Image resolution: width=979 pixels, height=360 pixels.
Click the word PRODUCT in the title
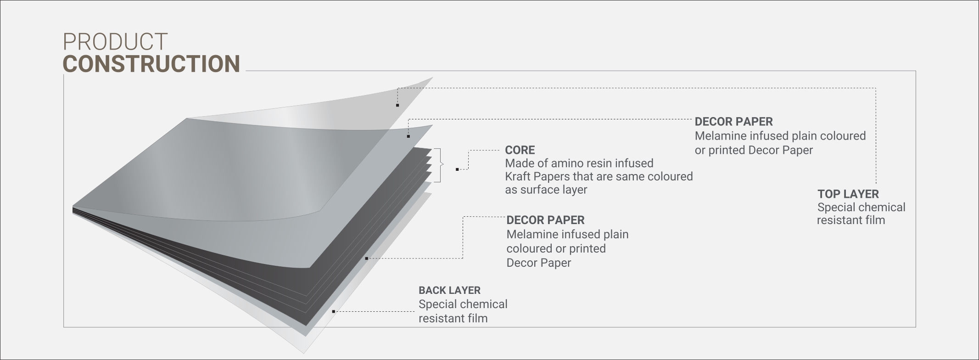115,42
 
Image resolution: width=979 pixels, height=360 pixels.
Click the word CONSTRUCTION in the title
151,64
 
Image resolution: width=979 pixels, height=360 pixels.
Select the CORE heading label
520,150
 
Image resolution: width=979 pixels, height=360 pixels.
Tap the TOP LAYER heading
848,194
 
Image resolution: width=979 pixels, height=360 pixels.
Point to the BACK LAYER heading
449,290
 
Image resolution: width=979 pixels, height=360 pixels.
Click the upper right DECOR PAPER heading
733,122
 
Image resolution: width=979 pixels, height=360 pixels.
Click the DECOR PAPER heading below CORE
545,220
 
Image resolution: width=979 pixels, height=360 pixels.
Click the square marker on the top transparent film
397,106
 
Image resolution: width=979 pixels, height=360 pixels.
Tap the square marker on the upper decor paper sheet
408,136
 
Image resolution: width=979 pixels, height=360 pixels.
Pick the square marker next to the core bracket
457,169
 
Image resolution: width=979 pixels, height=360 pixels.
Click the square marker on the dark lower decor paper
366,259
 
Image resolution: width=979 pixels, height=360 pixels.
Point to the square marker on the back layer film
333,311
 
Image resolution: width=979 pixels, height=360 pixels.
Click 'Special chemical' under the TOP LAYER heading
861,207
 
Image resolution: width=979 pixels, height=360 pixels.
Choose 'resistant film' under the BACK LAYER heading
453,318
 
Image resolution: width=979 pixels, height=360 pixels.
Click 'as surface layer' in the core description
546,190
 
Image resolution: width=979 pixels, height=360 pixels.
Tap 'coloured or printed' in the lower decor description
556,248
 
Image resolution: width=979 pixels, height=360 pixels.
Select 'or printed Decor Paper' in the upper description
753,150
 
